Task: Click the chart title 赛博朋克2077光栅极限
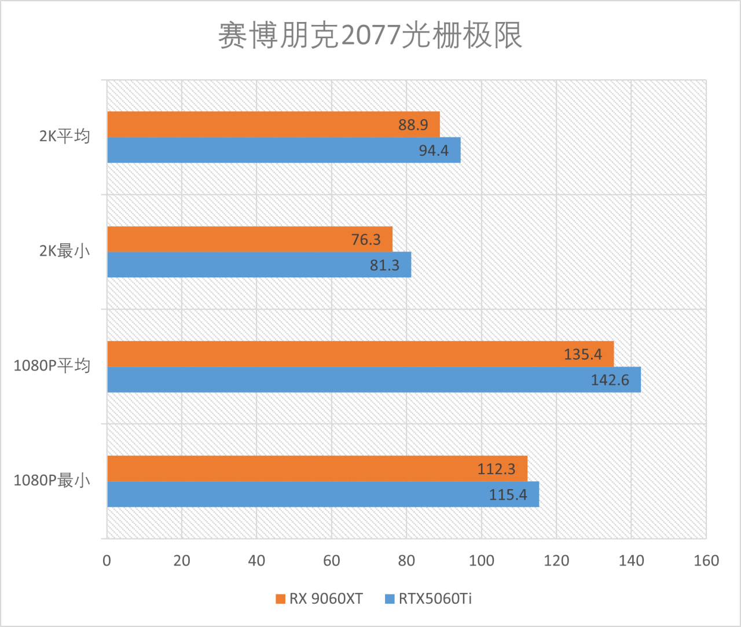point(370,36)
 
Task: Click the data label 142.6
point(610,380)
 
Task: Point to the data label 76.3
point(366,240)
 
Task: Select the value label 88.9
point(413,125)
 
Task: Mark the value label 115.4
point(508,494)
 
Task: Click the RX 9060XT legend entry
point(320,599)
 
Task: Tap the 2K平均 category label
point(65,136)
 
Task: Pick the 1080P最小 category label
point(52,481)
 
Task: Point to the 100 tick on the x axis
point(481,560)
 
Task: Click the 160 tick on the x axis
point(706,560)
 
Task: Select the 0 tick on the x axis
point(107,560)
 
